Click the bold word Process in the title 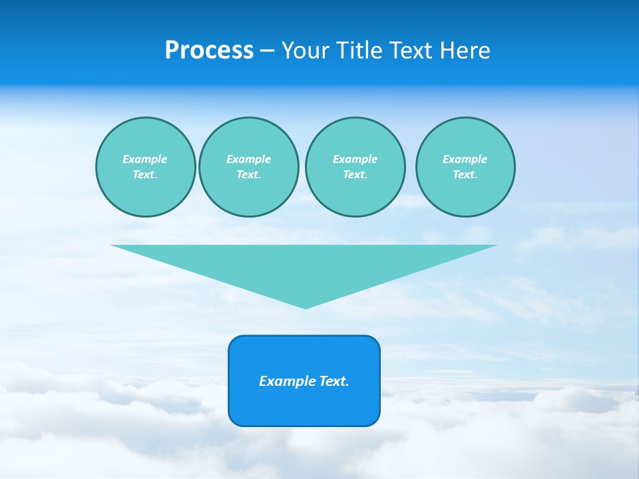tap(209, 51)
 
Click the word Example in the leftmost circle tap(145, 159)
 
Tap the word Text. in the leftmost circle tap(145, 174)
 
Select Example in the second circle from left tap(248, 159)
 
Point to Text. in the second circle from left tap(248, 174)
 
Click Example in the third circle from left tap(355, 159)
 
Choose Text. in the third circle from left tap(355, 174)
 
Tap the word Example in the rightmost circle tap(465, 159)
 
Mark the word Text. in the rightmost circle tap(465, 174)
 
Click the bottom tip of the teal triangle tap(305, 307)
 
